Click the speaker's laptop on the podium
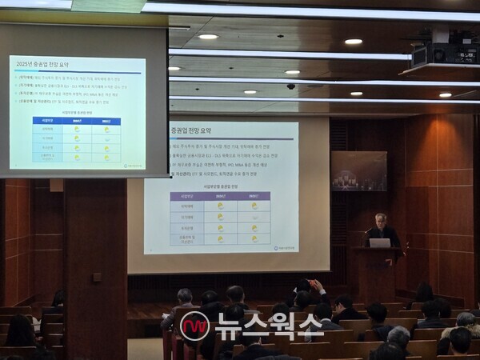click(x=379, y=242)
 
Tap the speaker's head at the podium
click(x=382, y=219)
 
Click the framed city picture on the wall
click(x=359, y=170)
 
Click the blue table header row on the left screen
click(x=77, y=121)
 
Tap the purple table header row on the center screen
click(x=219, y=195)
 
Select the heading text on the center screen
click(x=191, y=131)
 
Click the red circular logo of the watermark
click(x=194, y=326)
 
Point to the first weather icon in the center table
click(x=220, y=206)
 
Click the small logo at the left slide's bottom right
click(x=134, y=166)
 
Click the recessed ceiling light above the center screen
click(x=208, y=37)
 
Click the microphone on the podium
click(x=367, y=231)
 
